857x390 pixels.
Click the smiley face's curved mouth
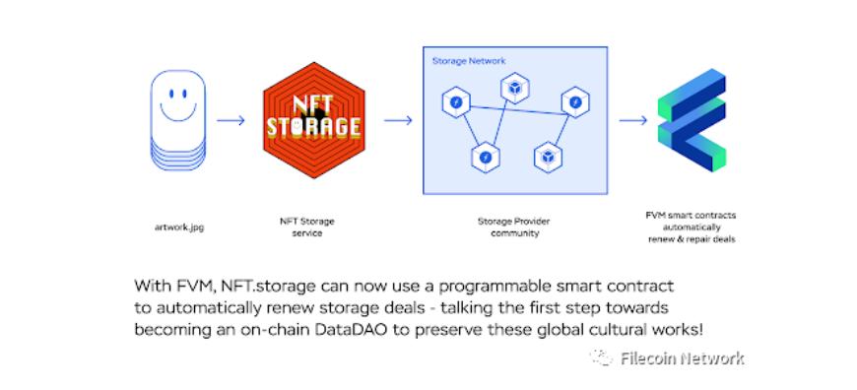pos(178,116)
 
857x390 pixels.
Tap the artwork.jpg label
pos(178,227)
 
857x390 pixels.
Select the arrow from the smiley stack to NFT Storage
pos(231,120)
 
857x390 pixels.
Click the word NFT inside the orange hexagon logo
pos(313,105)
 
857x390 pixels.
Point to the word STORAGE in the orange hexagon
pos(313,127)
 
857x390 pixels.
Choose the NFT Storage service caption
pos(306,227)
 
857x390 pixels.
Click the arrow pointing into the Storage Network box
pos(398,120)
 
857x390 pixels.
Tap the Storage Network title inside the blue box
pos(469,61)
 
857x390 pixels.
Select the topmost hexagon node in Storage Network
pos(514,88)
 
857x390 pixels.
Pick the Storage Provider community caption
pos(514,227)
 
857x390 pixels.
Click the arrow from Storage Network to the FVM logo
pos(633,120)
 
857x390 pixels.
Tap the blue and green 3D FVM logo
pos(692,119)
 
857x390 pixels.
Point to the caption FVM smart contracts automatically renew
pos(692,227)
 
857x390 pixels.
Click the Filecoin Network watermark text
pos(682,358)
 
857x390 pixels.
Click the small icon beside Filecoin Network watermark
pos(602,357)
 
